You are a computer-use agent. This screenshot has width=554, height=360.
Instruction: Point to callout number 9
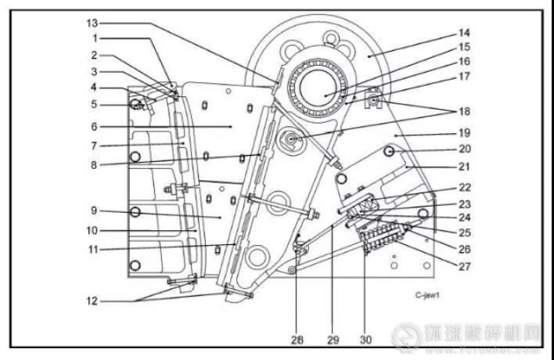[92, 211]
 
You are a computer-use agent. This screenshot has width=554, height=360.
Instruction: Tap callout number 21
[464, 167]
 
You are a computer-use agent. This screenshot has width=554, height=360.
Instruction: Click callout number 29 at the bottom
[333, 340]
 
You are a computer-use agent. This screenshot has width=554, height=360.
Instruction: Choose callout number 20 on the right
[464, 148]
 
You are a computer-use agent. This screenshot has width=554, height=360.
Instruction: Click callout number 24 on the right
[464, 218]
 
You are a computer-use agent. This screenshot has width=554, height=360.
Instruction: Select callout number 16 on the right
[464, 60]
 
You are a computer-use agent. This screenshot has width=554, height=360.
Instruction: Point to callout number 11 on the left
[92, 250]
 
